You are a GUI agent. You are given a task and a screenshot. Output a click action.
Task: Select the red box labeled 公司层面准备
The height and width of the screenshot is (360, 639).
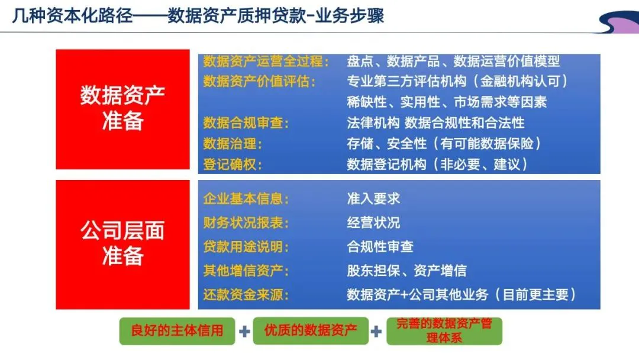[122, 245]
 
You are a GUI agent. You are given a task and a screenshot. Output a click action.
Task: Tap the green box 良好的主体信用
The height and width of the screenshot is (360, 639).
[177, 330]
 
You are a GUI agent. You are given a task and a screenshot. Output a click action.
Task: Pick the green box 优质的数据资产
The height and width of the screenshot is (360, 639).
[310, 330]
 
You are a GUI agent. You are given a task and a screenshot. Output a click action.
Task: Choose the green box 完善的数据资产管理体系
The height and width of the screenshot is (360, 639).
[444, 331]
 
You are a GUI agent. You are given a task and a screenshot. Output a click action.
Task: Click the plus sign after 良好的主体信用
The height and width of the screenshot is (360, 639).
[244, 331]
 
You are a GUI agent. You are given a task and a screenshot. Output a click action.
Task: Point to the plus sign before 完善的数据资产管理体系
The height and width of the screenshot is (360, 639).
[376, 331]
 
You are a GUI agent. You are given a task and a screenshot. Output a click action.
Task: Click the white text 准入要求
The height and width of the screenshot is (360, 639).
[373, 198]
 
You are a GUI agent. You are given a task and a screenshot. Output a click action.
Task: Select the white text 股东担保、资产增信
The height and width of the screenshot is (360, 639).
[406, 271]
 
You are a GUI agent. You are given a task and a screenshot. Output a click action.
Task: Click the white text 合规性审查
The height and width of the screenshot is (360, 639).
[380, 246]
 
